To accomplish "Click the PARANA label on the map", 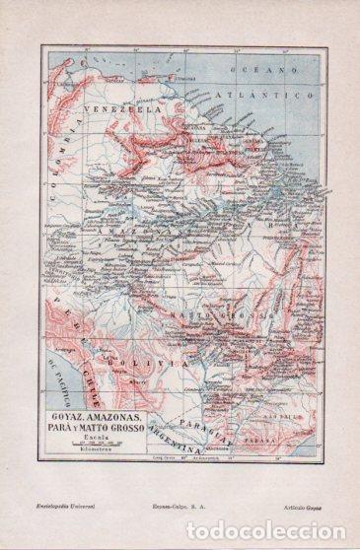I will coord(276,402).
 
